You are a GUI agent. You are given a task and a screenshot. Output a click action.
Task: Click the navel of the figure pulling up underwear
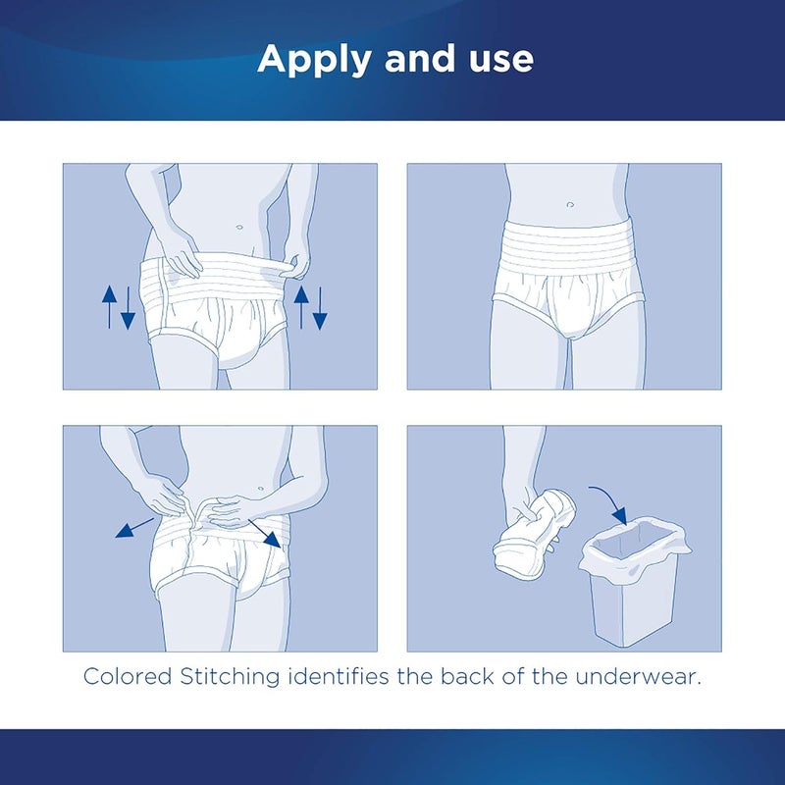[x=238, y=227]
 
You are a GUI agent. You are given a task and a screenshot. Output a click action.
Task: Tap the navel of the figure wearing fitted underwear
[x=568, y=204]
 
